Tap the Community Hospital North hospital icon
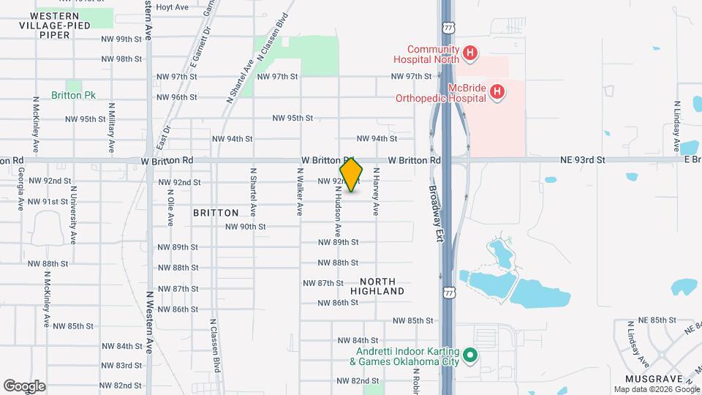[470, 53]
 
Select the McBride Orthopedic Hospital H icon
[497, 91]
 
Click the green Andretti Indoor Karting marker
[472, 356]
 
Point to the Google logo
[24, 385]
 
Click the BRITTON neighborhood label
[216, 213]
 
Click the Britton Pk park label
[74, 95]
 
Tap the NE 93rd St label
[583, 159]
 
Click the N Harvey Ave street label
[377, 192]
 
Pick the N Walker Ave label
[299, 192]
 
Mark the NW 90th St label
[246, 227]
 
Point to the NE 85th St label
[649, 320]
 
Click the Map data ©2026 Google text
[655, 388]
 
